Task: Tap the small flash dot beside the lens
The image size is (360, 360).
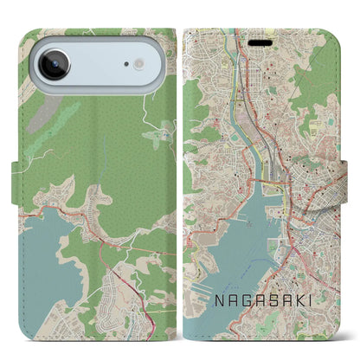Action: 138,64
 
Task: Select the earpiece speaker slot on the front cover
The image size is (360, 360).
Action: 260,40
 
